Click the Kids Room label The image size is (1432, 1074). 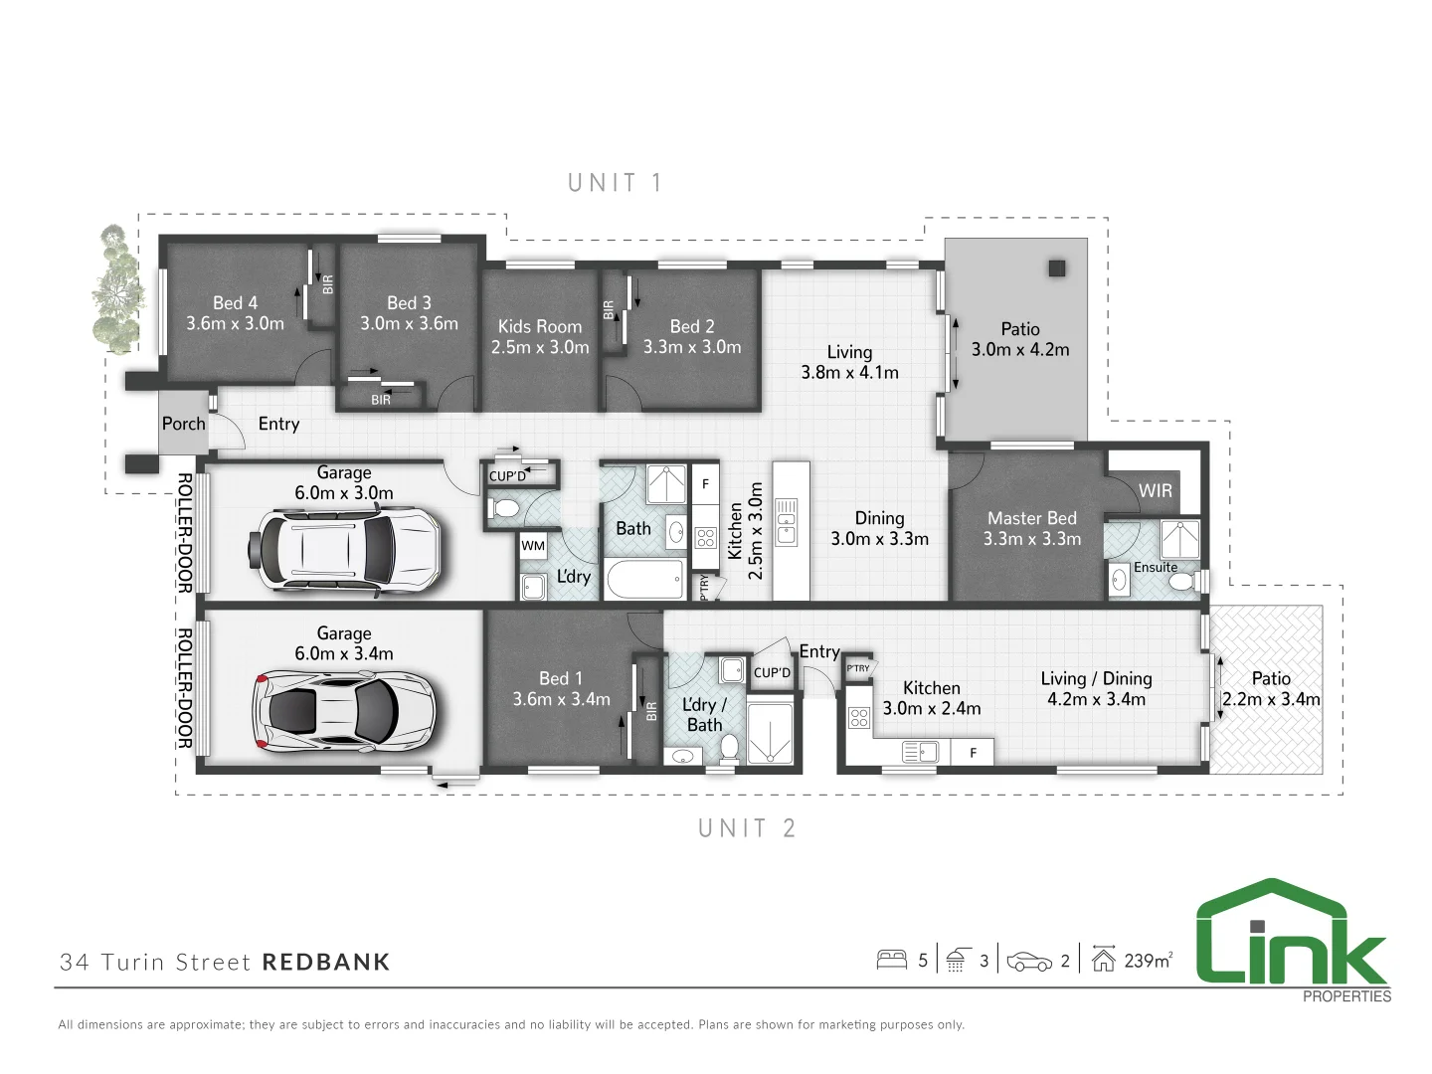[x=539, y=336]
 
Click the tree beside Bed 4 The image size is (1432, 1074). [x=117, y=288]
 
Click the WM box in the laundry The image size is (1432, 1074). [x=533, y=546]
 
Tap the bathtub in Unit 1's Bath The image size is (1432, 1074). [x=644, y=579]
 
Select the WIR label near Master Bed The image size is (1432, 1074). [x=1155, y=490]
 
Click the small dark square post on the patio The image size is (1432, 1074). [x=1056, y=268]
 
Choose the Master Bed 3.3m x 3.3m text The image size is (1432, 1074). [x=1031, y=528]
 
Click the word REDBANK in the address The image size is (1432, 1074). [x=326, y=962]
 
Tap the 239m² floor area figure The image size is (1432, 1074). [x=1148, y=961]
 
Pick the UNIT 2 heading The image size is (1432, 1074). [x=747, y=828]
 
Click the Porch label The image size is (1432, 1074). [x=184, y=424]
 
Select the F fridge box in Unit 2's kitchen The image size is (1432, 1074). [x=973, y=753]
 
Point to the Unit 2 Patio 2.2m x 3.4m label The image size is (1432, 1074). [x=1271, y=688]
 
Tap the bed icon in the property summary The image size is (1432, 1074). [x=891, y=961]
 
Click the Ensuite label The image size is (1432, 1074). [x=1156, y=567]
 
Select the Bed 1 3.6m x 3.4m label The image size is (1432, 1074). [x=561, y=688]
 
